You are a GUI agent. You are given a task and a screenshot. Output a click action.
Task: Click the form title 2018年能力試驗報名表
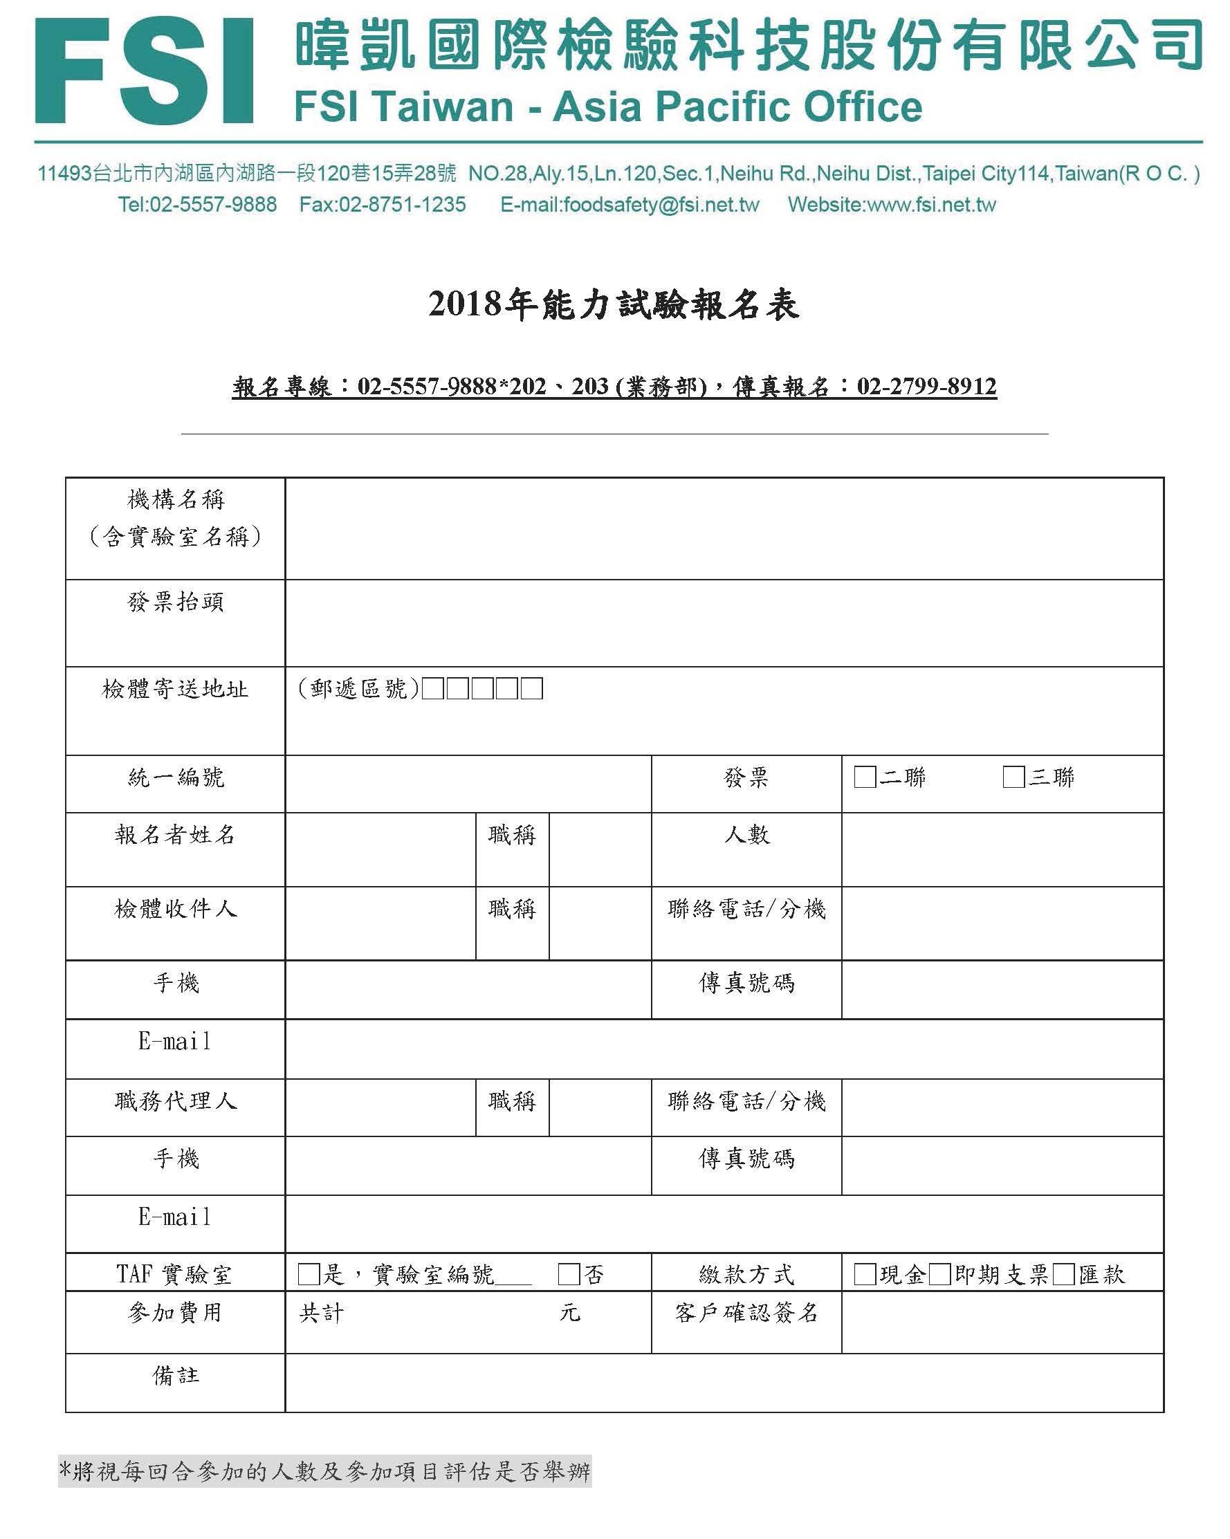(614, 305)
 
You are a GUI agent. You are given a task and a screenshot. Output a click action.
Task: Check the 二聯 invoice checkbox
(865, 777)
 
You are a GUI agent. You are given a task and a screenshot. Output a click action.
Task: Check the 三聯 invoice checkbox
(1013, 777)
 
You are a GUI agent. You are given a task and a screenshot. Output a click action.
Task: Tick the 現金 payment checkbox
(865, 1274)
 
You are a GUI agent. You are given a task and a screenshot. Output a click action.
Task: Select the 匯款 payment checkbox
(1063, 1274)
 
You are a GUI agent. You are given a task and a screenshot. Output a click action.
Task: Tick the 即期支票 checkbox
(939, 1274)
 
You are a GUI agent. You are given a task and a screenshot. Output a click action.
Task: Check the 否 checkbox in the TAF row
(569, 1274)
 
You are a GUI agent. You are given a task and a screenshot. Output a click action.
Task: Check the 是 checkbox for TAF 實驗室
(309, 1274)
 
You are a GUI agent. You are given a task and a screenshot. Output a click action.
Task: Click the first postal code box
(432, 689)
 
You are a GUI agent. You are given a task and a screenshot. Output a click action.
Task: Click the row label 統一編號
(176, 777)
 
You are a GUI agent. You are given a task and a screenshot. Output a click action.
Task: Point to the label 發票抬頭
(176, 602)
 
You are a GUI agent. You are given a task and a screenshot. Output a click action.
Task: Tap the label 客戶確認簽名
(746, 1313)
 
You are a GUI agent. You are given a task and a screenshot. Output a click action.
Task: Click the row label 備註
(176, 1376)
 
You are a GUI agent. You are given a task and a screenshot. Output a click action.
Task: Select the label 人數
(746, 834)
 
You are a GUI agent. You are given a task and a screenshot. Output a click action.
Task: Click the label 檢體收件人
(176, 909)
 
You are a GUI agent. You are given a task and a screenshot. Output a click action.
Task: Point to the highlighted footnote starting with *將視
(325, 1471)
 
